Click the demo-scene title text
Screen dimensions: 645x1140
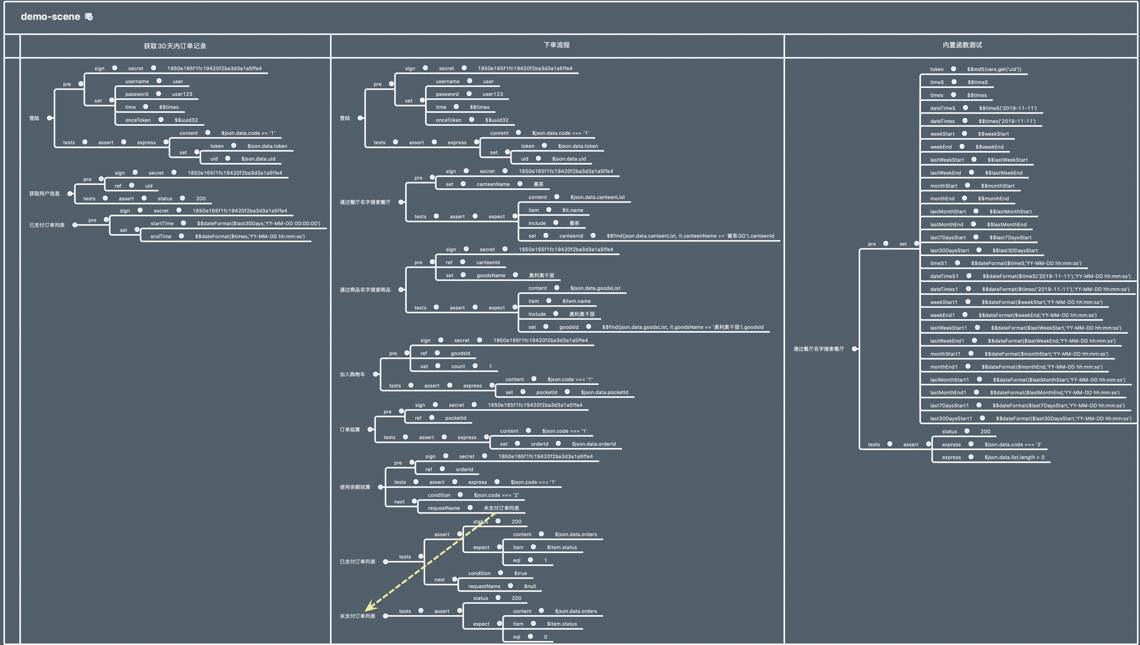pyautogui.click(x=50, y=17)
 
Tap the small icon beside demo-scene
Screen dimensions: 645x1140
pyautogui.click(x=89, y=17)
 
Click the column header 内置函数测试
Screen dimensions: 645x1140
pyautogui.click(x=962, y=45)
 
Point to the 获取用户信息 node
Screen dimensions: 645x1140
pyautogui.click(x=44, y=194)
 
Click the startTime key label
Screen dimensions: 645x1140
pyautogui.click(x=162, y=224)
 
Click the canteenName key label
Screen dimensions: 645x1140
pyautogui.click(x=493, y=184)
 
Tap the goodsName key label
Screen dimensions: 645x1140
pyautogui.click(x=491, y=276)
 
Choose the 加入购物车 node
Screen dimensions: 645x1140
pyautogui.click(x=352, y=374)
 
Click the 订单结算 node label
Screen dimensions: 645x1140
pyautogui.click(x=350, y=430)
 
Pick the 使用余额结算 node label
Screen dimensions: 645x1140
pyautogui.click(x=355, y=487)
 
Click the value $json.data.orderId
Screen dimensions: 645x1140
pyautogui.click(x=594, y=444)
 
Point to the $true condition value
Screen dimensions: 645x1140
pyautogui.click(x=520, y=573)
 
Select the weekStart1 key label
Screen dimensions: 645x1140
pyautogui.click(x=944, y=302)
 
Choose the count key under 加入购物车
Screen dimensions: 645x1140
pyautogui.click(x=458, y=366)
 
